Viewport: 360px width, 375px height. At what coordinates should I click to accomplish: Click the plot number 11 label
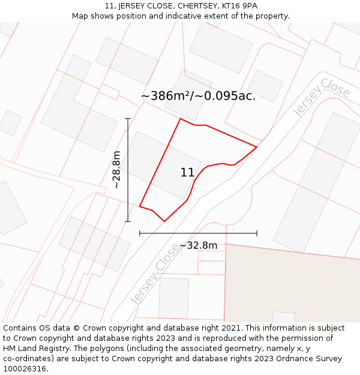point(187,173)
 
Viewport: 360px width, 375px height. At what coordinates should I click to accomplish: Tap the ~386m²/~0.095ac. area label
point(198,96)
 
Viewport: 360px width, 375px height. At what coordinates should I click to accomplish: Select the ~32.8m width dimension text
point(198,245)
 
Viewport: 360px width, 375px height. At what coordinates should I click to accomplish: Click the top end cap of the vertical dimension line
point(128,119)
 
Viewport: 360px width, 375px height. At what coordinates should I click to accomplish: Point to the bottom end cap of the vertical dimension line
point(128,221)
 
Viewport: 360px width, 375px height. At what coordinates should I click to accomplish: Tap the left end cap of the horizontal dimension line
point(140,233)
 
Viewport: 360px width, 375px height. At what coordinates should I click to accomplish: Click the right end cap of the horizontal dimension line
point(257,233)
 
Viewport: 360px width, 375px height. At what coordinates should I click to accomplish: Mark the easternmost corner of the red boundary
point(257,146)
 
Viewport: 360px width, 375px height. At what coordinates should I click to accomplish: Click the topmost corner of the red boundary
point(181,119)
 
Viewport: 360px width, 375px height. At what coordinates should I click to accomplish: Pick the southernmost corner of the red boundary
point(164,221)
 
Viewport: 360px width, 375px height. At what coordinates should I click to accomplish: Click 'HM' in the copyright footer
point(10,348)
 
